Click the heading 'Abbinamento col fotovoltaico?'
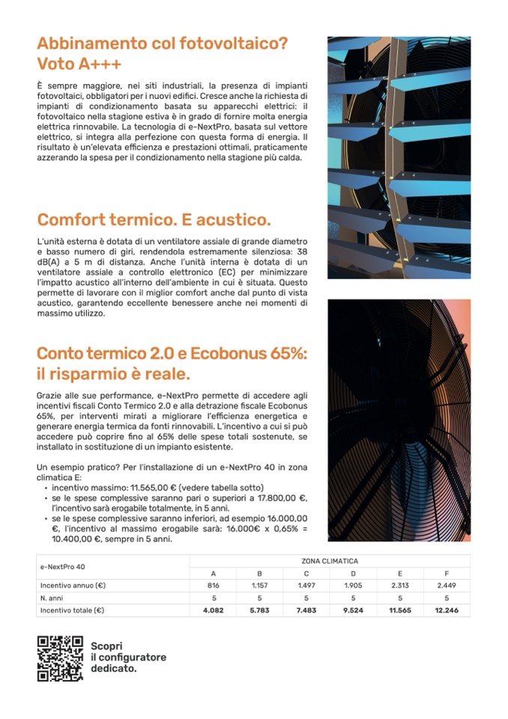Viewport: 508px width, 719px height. pyautogui.click(x=162, y=43)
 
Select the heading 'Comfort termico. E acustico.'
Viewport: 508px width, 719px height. pyautogui.click(x=154, y=220)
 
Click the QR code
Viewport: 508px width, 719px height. pyautogui.click(x=60, y=658)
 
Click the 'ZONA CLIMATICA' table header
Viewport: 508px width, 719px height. pyautogui.click(x=330, y=561)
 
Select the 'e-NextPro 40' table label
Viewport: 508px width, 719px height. pyautogui.click(x=62, y=567)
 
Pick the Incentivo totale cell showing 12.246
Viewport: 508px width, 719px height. pyautogui.click(x=447, y=610)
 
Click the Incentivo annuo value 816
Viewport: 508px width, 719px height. pyautogui.click(x=214, y=586)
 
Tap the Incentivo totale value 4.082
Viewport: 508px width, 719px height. pyautogui.click(x=214, y=610)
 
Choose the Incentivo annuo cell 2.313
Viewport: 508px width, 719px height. pyautogui.click(x=400, y=586)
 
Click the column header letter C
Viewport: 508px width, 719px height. pyautogui.click(x=306, y=573)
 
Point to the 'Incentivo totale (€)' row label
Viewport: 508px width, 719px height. pyautogui.click(x=72, y=610)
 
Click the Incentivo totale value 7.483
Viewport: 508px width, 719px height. pyautogui.click(x=306, y=610)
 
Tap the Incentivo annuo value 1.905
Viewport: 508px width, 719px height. pyautogui.click(x=353, y=586)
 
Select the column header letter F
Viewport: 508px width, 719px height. pyautogui.click(x=447, y=573)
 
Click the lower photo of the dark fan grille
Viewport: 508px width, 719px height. pyautogui.click(x=399, y=420)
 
